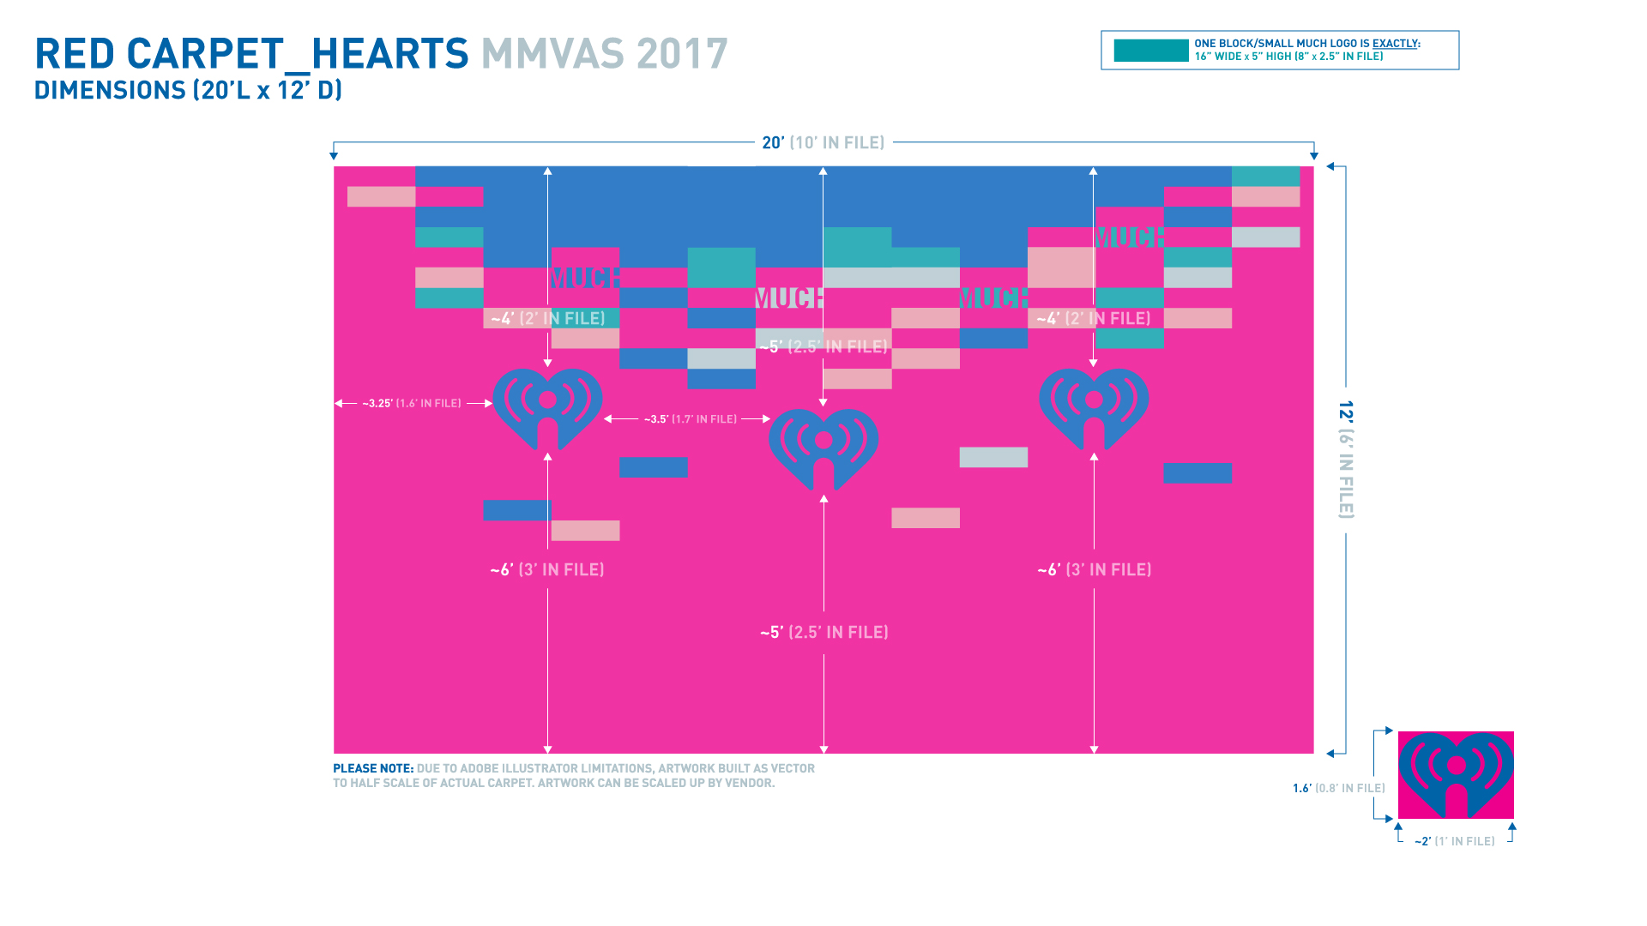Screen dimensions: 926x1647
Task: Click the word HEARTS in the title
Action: (x=389, y=54)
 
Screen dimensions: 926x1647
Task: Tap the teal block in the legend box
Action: (x=1150, y=51)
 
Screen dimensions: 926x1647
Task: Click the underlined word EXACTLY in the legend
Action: (x=1395, y=44)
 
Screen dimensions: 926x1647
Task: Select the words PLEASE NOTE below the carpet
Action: (x=373, y=768)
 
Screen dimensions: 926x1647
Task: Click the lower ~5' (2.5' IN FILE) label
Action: (x=823, y=632)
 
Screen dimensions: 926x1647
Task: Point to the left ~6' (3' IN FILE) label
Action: (x=547, y=569)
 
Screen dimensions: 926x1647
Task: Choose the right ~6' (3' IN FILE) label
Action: (x=1094, y=569)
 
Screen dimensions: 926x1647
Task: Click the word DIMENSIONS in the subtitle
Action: (x=110, y=90)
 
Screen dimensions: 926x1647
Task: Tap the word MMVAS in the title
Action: (x=552, y=54)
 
